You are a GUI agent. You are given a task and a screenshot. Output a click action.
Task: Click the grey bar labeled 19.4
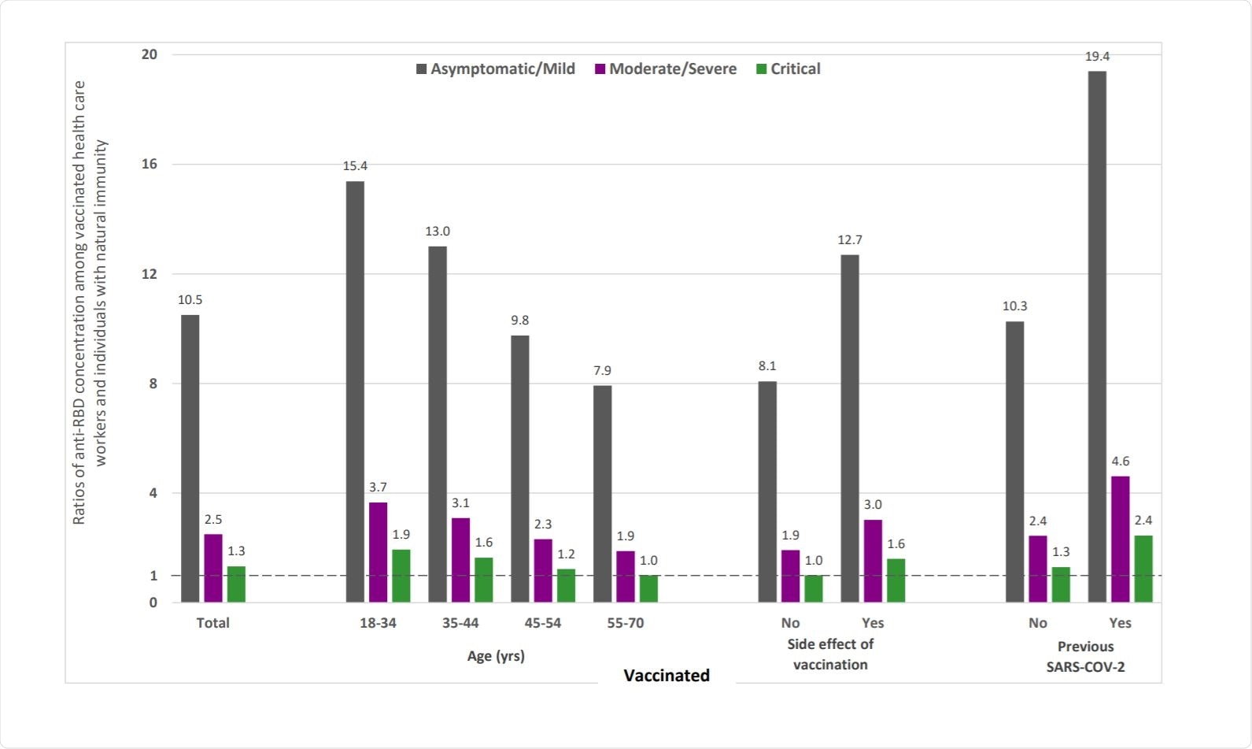[x=1096, y=336]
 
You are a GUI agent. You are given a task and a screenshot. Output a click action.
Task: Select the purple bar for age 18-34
[x=378, y=552]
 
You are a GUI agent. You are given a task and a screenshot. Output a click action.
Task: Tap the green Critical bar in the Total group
[x=236, y=584]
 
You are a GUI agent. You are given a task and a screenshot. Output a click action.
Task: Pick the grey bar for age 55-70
[x=602, y=494]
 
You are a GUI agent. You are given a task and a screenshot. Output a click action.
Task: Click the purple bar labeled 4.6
[x=1120, y=540]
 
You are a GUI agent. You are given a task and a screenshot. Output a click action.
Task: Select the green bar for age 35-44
[x=483, y=580]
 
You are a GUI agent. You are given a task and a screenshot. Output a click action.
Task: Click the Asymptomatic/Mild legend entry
[x=496, y=69]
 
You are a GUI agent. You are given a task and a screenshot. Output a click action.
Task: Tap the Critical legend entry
[x=789, y=69]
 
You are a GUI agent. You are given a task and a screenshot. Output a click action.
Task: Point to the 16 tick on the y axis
[x=150, y=164]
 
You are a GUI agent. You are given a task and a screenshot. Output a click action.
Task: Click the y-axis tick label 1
[x=153, y=576]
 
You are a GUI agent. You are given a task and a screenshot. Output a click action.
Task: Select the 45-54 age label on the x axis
[x=543, y=623]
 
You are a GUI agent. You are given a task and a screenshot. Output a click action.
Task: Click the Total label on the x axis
[x=212, y=623]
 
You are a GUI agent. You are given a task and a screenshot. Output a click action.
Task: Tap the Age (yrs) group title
[x=496, y=656]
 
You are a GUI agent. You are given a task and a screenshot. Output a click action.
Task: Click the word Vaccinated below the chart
[x=667, y=675]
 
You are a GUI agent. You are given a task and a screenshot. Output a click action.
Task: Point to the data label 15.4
[x=355, y=166]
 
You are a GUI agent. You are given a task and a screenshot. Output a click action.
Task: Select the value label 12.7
[x=850, y=240]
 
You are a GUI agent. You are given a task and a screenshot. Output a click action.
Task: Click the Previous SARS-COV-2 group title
[x=1085, y=657]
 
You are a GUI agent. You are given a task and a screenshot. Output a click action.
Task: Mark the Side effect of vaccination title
[x=830, y=654]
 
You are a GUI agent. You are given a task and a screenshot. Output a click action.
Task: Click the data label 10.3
[x=1014, y=306]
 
